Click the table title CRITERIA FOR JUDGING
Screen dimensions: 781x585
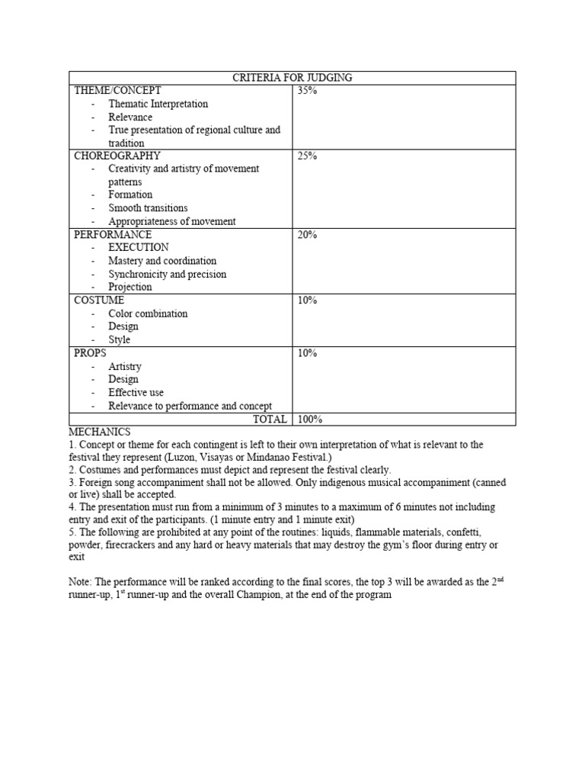(x=292, y=77)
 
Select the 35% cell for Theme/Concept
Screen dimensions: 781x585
(x=307, y=91)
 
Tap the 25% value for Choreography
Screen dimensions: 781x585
(x=307, y=156)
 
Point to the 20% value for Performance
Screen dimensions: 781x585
(x=307, y=235)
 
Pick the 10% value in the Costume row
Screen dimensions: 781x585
(x=307, y=301)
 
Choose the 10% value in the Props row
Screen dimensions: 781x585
(x=307, y=353)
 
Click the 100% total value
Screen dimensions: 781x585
(x=310, y=419)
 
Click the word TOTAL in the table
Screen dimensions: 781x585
(x=270, y=419)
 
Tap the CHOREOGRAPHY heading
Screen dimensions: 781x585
(x=117, y=156)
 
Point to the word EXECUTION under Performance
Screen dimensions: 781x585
(x=139, y=248)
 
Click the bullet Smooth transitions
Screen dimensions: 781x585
(x=148, y=208)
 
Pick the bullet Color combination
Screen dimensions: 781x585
(x=148, y=313)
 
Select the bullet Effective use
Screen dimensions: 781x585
(x=136, y=393)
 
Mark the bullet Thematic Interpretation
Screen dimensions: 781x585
(x=158, y=104)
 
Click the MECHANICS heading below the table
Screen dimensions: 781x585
(x=99, y=432)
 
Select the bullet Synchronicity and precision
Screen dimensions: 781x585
(x=167, y=274)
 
